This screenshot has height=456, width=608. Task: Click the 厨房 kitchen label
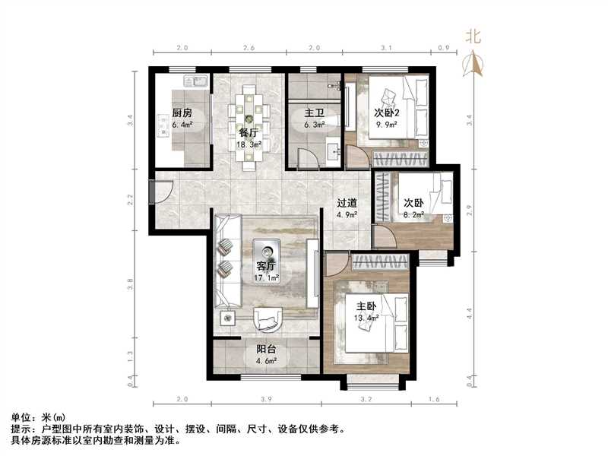click(x=182, y=116)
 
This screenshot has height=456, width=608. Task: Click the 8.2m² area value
click(x=413, y=215)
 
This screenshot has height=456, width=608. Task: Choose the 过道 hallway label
click(x=347, y=203)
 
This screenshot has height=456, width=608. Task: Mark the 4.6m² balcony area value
click(x=266, y=362)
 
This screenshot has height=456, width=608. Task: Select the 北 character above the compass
click(x=473, y=36)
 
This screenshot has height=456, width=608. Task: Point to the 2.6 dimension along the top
click(x=249, y=49)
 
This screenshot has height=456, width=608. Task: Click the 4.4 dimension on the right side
click(x=468, y=310)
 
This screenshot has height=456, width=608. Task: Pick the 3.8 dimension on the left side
click(x=131, y=284)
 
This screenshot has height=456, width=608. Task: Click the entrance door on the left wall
click(x=153, y=192)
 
